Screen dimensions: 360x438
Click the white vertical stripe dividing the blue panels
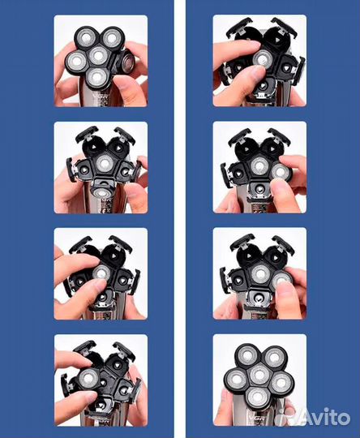180,219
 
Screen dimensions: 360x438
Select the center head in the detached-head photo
97,56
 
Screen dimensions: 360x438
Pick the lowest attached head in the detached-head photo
96,77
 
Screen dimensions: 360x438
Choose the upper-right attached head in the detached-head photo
111,37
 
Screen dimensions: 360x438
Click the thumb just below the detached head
131,89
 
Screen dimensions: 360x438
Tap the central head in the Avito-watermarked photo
259,375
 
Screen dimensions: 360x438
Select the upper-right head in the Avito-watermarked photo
274,356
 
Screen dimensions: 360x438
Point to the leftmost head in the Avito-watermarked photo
237,379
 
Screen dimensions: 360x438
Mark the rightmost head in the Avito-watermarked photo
282,382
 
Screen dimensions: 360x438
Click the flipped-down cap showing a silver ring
102,191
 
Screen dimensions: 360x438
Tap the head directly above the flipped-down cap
104,163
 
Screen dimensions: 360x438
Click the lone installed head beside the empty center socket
88,378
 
